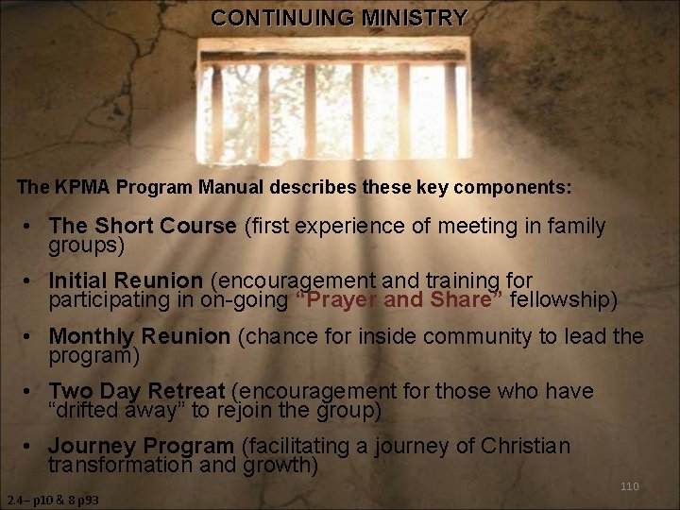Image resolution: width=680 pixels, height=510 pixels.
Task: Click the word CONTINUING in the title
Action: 280,18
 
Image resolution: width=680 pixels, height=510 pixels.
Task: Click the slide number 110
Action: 629,486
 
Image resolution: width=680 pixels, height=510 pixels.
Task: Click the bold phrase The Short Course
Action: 143,227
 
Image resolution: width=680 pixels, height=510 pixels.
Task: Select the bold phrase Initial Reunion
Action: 126,281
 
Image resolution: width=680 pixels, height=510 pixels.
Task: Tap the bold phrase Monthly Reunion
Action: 139,337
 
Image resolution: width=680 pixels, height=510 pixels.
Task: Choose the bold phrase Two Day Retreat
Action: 136,391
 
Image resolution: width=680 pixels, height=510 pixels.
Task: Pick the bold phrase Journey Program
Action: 141,446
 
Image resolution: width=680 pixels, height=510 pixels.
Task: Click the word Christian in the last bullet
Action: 525,446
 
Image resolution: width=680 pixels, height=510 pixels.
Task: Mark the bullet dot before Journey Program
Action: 32,447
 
